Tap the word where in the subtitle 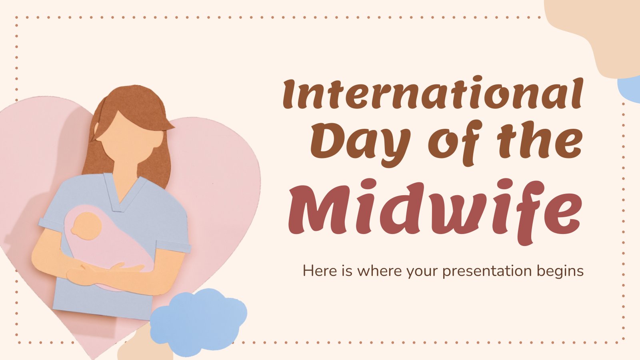coord(380,271)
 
